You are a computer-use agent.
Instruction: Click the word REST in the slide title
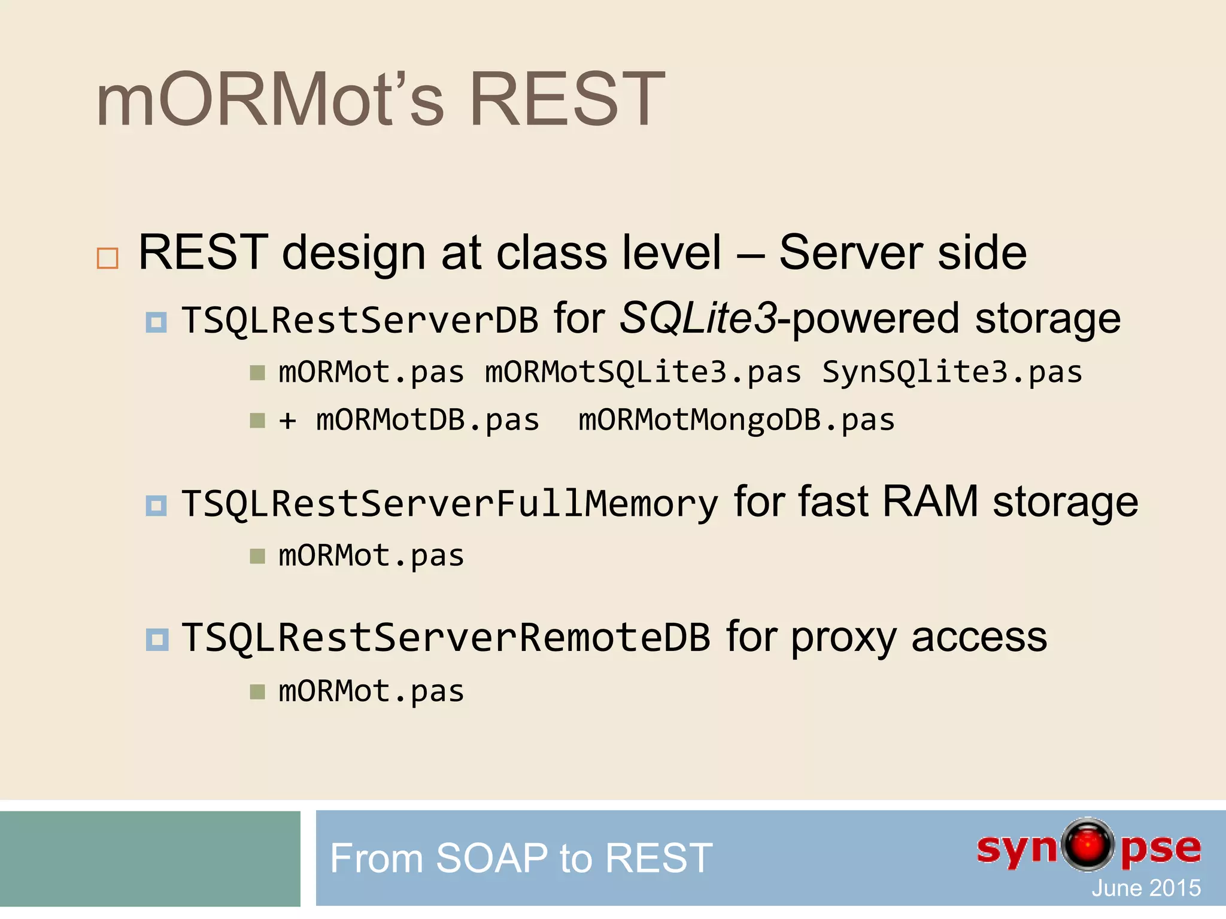click(567, 99)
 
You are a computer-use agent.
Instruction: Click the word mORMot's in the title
click(270, 99)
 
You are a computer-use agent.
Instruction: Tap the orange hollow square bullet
click(108, 258)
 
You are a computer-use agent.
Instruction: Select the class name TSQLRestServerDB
click(360, 320)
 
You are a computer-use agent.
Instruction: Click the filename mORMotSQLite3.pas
click(643, 373)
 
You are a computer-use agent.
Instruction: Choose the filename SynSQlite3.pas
click(952, 373)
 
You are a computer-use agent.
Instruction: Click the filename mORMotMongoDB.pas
click(736, 420)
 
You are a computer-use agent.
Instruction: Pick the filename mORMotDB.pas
click(427, 420)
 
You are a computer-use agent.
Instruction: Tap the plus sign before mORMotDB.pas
click(288, 421)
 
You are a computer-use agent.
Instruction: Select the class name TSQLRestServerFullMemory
click(450, 504)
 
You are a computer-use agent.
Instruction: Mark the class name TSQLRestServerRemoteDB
click(446, 638)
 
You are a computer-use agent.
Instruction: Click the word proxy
click(843, 638)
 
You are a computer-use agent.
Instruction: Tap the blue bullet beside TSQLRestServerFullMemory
click(157, 506)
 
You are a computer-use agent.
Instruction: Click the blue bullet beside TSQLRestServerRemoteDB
click(157, 640)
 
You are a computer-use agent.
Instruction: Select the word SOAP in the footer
click(491, 858)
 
